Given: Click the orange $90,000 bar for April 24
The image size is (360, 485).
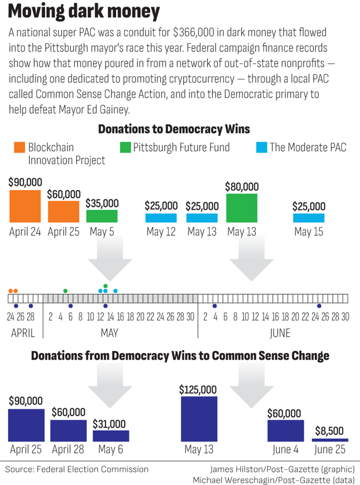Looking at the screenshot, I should pyautogui.click(x=25, y=206).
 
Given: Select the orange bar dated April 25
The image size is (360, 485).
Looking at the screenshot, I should pyautogui.click(x=63, y=212).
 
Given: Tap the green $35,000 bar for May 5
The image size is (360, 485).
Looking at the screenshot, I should pyautogui.click(x=102, y=216).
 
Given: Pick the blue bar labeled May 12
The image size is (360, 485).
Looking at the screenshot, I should pyautogui.click(x=161, y=218).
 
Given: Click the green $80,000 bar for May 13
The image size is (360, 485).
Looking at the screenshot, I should pyautogui.click(x=242, y=208).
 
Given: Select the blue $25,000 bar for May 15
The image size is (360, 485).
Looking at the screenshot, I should pyautogui.click(x=309, y=218).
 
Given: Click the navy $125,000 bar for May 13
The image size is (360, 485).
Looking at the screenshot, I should pyautogui.click(x=199, y=419).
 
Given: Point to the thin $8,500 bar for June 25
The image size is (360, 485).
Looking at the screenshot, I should pyautogui.click(x=330, y=440).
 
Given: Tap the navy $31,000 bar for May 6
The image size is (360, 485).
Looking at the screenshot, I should pyautogui.click(x=111, y=436).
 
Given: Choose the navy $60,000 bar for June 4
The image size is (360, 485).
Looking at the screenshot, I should pyautogui.click(x=285, y=431).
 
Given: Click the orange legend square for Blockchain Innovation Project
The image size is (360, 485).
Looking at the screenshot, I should pyautogui.click(x=19, y=147).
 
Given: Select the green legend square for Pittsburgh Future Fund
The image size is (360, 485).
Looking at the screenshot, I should pyautogui.click(x=125, y=147).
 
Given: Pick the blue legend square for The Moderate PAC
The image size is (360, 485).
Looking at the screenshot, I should pyautogui.click(x=262, y=147).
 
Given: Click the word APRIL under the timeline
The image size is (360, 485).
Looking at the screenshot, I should pyautogui.click(x=23, y=333).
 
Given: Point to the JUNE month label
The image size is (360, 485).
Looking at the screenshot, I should pyautogui.click(x=280, y=333).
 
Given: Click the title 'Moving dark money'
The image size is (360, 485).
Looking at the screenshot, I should pyautogui.click(x=84, y=11).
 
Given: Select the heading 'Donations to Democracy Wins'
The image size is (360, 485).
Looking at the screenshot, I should pyautogui.click(x=174, y=129).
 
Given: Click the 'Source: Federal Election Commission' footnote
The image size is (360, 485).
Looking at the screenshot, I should pyautogui.click(x=77, y=469).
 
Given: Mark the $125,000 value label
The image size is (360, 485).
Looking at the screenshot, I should pyautogui.click(x=198, y=390).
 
